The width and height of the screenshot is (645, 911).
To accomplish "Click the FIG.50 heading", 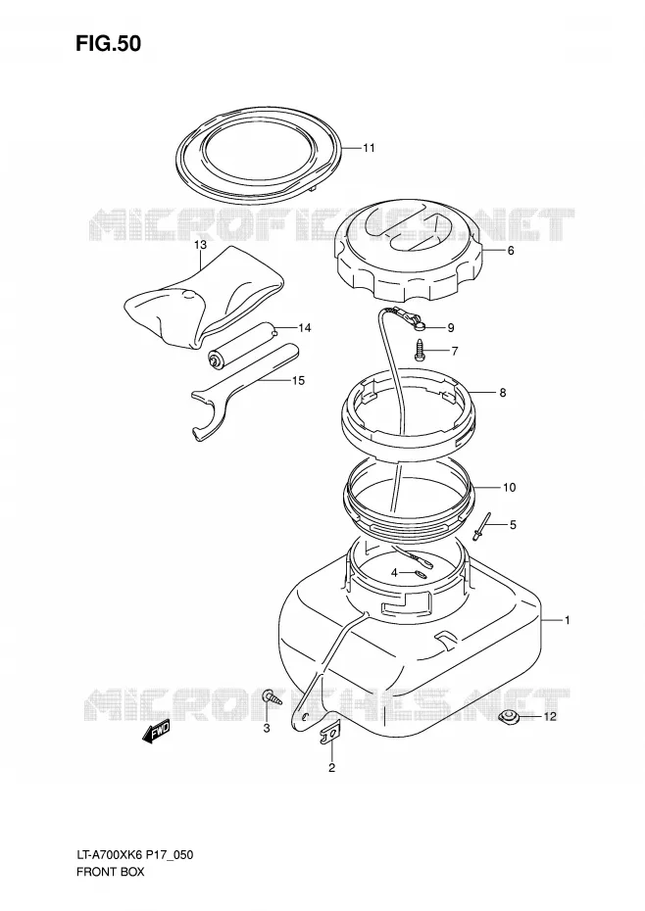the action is pyautogui.click(x=108, y=43).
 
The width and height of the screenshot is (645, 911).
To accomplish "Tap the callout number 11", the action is pyautogui.click(x=369, y=148).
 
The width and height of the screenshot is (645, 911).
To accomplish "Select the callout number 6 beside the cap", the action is pyautogui.click(x=511, y=251).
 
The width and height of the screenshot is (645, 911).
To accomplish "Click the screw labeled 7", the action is pyautogui.click(x=421, y=351).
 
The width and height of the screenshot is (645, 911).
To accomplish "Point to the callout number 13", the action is pyautogui.click(x=200, y=245).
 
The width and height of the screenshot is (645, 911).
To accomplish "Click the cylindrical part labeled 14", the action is pyautogui.click(x=241, y=345).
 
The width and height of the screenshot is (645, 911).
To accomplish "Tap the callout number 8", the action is pyautogui.click(x=503, y=393).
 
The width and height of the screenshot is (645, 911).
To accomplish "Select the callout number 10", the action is pyautogui.click(x=509, y=488).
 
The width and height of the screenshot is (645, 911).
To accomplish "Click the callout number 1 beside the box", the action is pyautogui.click(x=567, y=620).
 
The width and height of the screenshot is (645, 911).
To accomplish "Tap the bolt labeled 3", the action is pyautogui.click(x=272, y=696).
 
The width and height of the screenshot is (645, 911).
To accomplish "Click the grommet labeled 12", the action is pyautogui.click(x=510, y=717).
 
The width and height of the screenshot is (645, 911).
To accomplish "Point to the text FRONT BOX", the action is pyautogui.click(x=110, y=872).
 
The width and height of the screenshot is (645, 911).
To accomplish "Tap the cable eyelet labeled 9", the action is pyautogui.click(x=420, y=328).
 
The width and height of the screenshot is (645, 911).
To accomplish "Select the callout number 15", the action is pyautogui.click(x=298, y=381).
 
